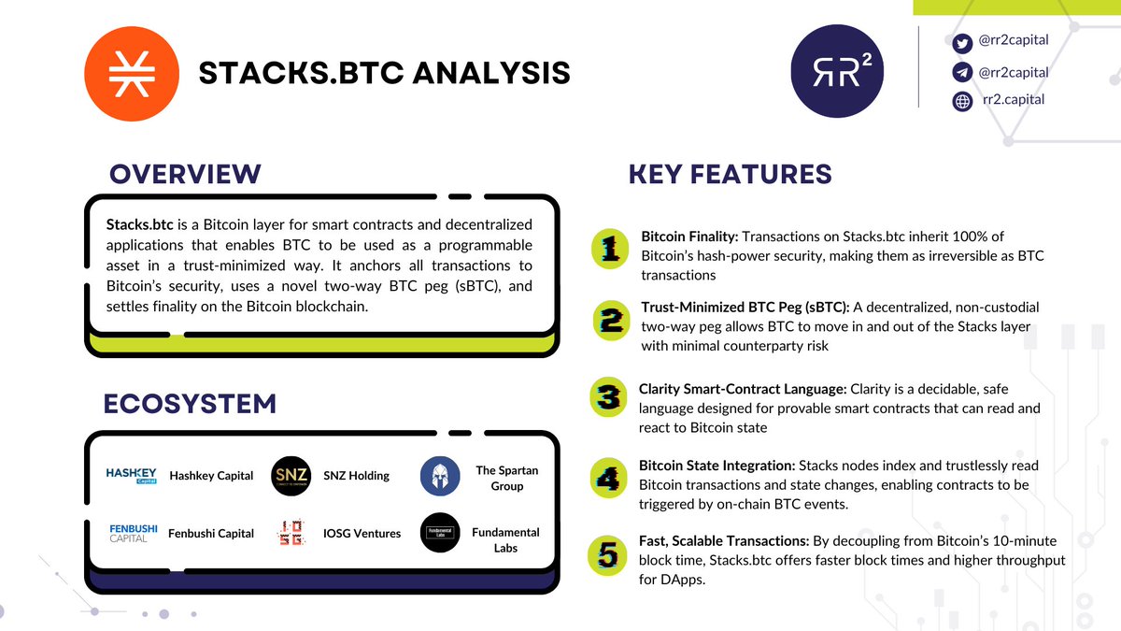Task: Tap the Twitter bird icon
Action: [962, 43]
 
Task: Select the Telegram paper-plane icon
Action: [962, 73]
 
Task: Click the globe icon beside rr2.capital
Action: [962, 101]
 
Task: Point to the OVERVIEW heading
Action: [185, 174]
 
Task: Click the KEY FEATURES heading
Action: [730, 174]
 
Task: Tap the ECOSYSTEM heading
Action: [190, 404]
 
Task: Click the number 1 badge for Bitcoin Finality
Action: [611, 251]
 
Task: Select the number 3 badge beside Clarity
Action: [609, 398]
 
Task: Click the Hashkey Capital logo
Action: [132, 475]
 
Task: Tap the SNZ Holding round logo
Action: [291, 475]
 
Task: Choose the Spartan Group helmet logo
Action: [440, 476]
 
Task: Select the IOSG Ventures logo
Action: [291, 534]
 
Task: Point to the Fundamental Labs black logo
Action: [440, 533]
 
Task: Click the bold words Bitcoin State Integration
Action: [716, 465]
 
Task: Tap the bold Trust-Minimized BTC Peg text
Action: [745, 307]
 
